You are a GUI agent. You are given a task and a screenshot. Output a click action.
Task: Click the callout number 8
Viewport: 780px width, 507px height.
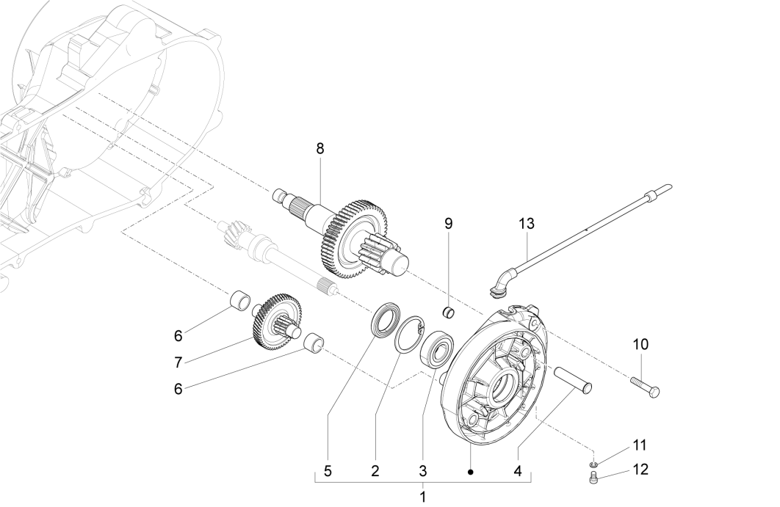(319, 148)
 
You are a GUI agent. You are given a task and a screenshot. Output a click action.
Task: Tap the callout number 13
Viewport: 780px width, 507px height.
(527, 223)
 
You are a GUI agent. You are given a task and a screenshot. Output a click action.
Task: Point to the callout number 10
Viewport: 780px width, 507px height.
(640, 343)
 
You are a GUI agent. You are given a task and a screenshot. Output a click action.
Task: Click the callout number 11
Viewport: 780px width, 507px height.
(640, 445)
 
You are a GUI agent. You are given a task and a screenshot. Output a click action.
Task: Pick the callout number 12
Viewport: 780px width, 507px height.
(640, 470)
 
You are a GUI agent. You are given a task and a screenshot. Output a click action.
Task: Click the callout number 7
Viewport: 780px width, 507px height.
(178, 362)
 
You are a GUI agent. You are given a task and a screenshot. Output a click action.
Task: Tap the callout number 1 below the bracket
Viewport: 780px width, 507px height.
(422, 497)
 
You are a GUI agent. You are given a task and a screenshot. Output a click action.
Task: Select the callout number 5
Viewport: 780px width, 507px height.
(328, 472)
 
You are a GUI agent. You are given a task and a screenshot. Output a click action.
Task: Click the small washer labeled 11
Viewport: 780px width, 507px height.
(593, 464)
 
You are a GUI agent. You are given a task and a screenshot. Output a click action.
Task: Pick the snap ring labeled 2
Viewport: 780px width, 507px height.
(408, 334)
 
